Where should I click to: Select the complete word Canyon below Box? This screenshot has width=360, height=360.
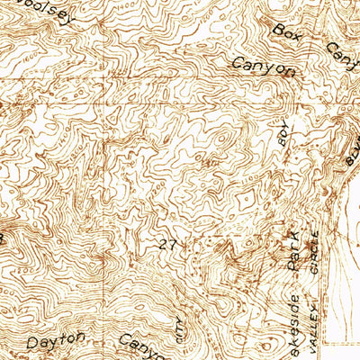tap(264, 67)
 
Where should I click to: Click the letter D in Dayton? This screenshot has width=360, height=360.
tap(31, 343)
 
